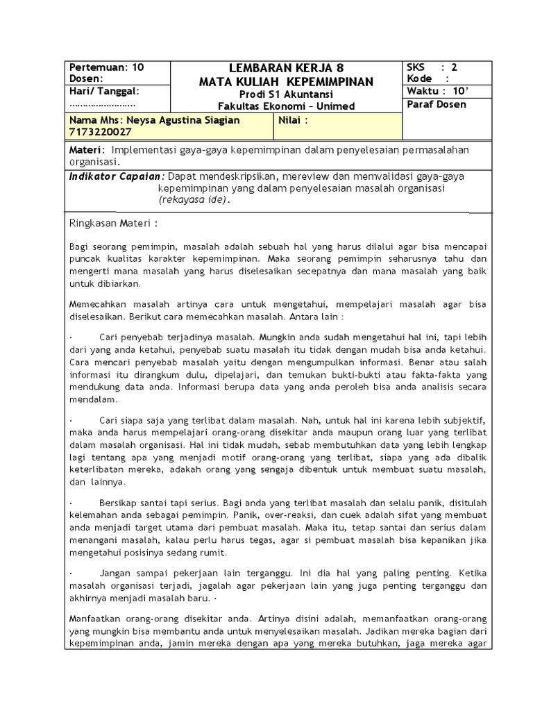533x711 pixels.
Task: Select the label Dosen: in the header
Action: (86, 79)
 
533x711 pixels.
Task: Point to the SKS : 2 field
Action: (432, 67)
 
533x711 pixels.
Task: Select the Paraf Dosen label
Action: (437, 105)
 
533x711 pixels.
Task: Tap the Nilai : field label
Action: (293, 120)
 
